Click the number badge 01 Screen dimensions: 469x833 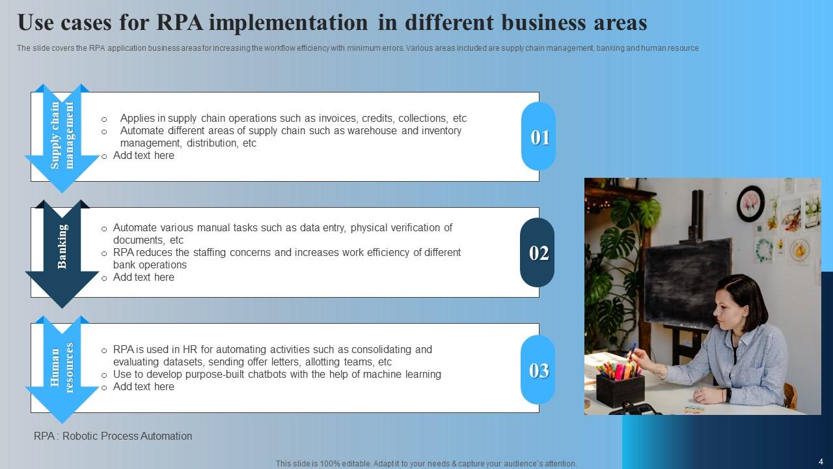tap(539, 137)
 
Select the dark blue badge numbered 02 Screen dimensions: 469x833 tap(538, 253)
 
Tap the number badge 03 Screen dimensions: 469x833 tap(538, 370)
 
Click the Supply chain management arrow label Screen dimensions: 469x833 tap(62, 135)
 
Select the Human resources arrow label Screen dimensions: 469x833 tap(62, 368)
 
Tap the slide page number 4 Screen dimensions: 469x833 tap(821, 461)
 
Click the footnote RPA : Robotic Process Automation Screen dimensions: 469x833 tap(113, 436)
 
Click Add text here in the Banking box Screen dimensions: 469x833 tap(144, 277)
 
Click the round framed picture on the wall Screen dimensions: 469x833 tap(750, 203)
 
